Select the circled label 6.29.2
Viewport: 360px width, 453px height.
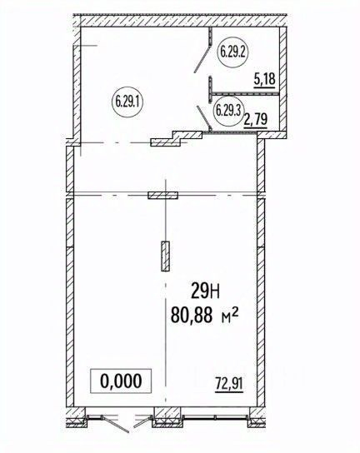(231, 51)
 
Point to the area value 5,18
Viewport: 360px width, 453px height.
(264, 80)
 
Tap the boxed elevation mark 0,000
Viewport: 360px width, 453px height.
(121, 381)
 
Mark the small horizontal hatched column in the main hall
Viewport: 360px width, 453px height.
(162, 196)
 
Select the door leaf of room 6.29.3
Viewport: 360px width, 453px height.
(201, 114)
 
